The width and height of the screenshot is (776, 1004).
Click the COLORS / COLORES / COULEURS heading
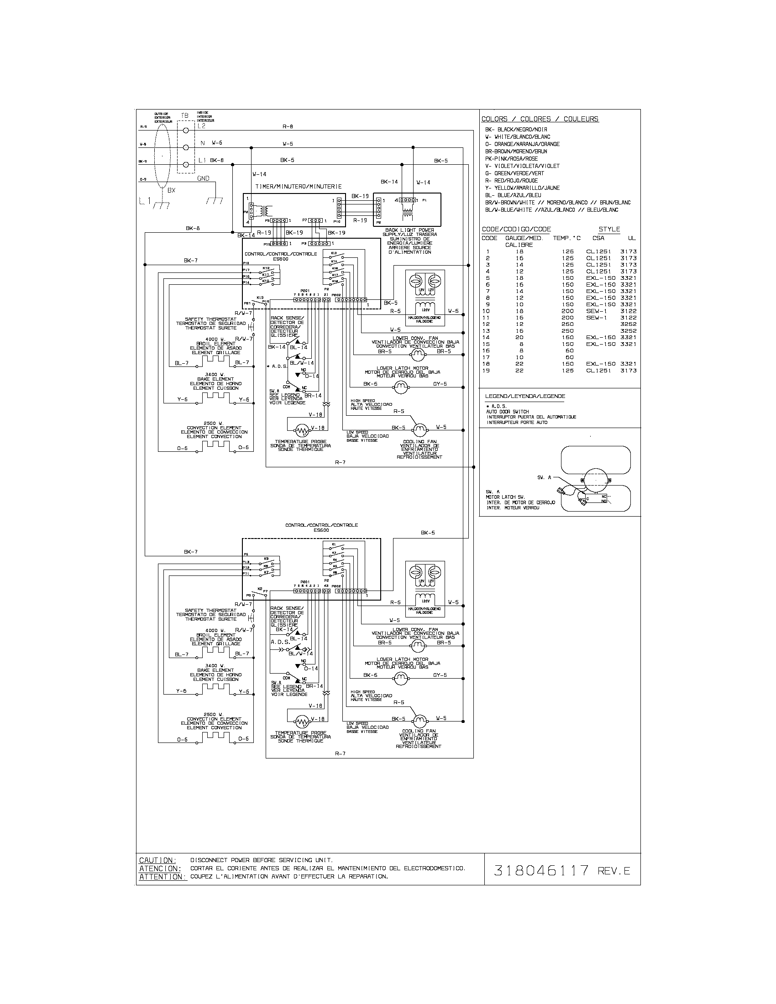point(540,119)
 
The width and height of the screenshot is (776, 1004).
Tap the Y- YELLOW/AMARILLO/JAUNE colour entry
point(522,188)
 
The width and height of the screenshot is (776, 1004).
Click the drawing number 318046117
point(541,870)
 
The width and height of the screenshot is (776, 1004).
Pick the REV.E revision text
point(614,871)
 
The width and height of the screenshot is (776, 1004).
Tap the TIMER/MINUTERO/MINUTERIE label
point(299,187)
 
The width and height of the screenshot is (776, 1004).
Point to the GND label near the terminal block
point(203,178)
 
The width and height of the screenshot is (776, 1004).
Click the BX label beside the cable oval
point(171,190)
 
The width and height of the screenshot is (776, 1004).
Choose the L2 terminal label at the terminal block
point(201,126)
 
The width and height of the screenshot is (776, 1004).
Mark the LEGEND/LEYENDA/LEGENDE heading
point(525,396)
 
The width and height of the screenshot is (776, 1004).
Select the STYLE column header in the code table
point(609,230)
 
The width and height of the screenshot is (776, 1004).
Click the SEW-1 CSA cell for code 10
point(596,311)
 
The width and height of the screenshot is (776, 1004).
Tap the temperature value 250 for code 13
point(567,331)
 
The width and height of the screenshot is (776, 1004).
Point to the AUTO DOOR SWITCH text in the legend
point(508,412)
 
